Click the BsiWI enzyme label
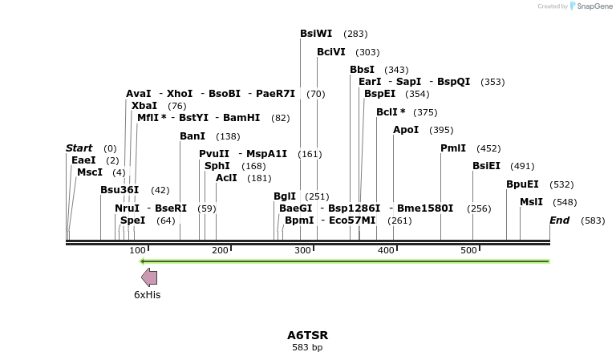tap(316, 34)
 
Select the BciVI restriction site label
tap(331, 52)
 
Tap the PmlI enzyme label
tap(453, 148)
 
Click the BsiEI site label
tap(487, 166)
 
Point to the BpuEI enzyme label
tap(522, 184)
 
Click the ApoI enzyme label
tap(406, 130)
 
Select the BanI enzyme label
tap(192, 136)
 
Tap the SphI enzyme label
tap(217, 166)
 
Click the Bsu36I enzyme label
tap(120, 190)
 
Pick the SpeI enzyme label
tap(133, 220)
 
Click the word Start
tap(79, 148)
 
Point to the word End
tap(560, 220)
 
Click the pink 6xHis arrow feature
tap(149, 277)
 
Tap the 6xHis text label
tap(148, 295)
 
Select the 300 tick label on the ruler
tap(303, 251)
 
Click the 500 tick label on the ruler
tap(470, 251)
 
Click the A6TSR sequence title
tap(308, 335)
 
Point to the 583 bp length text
tap(307, 347)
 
